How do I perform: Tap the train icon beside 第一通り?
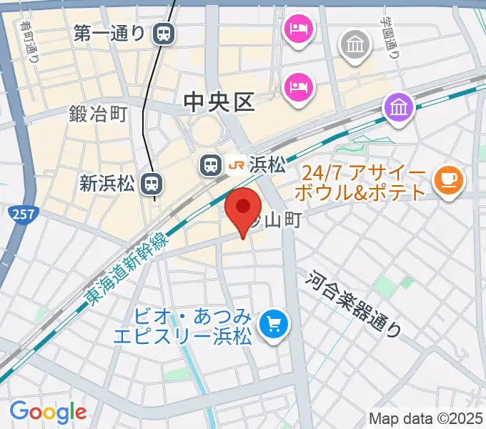tap(164, 33)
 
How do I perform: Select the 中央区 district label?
tap(219, 102)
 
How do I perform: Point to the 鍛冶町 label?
tap(98, 114)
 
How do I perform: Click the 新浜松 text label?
tap(106, 184)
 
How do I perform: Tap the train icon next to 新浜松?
tap(150, 184)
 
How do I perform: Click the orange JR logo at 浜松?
tap(235, 166)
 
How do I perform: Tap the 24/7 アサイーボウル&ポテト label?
tap(364, 184)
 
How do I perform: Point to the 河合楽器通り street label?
tap(355, 304)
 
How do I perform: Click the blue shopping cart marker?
tap(274, 325)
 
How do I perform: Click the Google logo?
tap(48, 412)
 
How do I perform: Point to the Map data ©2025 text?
tap(425, 418)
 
